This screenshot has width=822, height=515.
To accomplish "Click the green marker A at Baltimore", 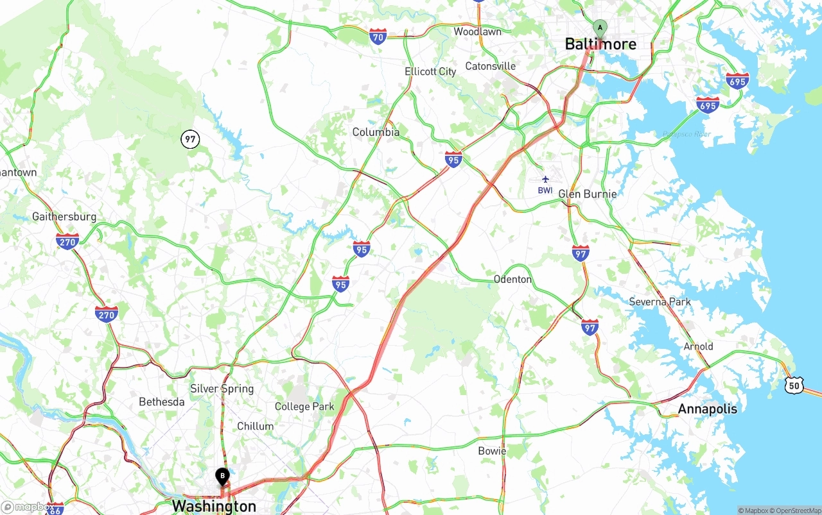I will (x=599, y=28).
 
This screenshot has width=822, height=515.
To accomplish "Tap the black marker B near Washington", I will (x=222, y=476).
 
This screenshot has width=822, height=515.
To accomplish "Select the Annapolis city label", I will (x=707, y=409).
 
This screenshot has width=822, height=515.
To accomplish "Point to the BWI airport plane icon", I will (x=545, y=180).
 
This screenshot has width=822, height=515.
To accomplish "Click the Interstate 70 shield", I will (x=378, y=37).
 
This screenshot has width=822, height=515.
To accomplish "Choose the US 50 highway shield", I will (x=794, y=385).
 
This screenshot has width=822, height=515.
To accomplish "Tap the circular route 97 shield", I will (x=190, y=139).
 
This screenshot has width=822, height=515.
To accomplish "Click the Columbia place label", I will (x=376, y=132).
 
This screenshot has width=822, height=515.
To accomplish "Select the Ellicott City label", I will (x=430, y=71).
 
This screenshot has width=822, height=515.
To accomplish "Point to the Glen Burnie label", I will (x=587, y=194).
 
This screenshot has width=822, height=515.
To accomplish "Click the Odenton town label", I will (x=512, y=279).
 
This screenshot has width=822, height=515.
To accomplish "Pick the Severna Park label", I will (x=660, y=301).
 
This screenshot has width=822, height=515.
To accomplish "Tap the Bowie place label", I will (x=492, y=451).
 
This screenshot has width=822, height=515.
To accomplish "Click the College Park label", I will (x=304, y=406).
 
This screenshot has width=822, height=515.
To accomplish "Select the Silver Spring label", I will (x=222, y=389).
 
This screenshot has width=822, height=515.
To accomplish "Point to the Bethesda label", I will (x=162, y=402).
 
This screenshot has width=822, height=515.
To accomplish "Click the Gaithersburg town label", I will (x=64, y=217).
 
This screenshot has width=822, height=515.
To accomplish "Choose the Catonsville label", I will (x=490, y=66).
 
